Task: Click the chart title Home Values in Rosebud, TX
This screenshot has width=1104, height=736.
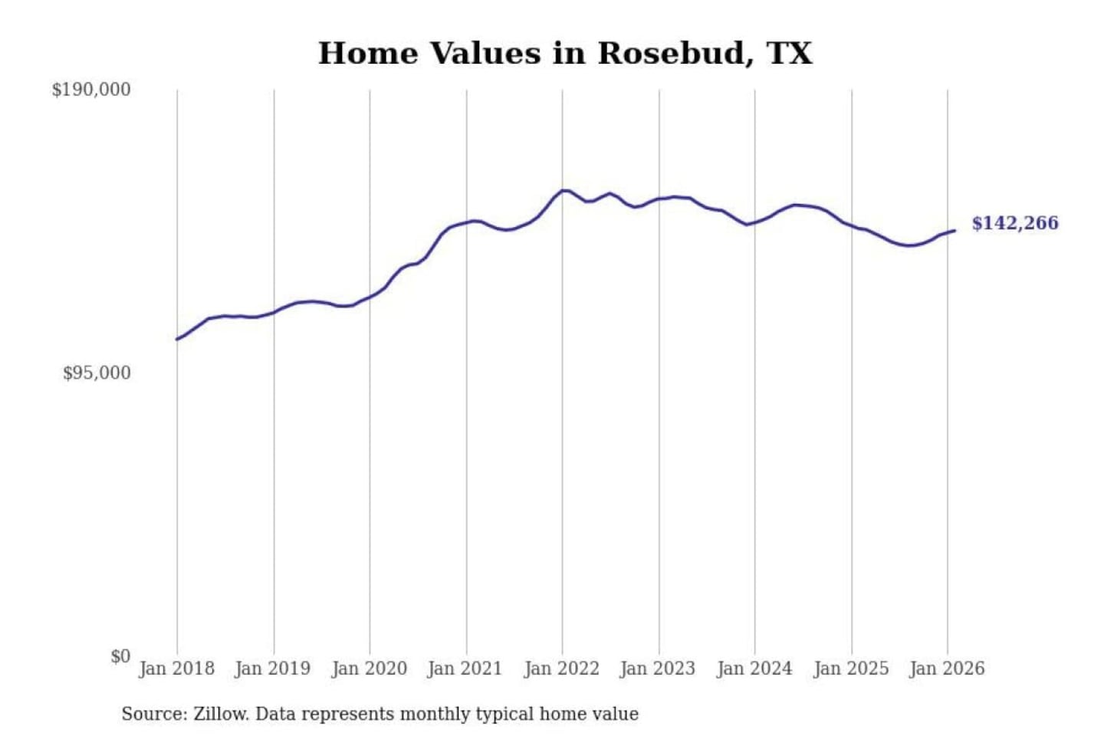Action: tap(565, 54)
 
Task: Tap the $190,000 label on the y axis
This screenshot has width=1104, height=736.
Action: tap(91, 90)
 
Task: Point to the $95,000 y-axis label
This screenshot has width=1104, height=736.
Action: tap(97, 373)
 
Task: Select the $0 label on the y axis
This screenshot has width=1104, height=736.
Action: tap(120, 656)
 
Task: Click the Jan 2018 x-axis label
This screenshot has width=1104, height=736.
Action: tap(176, 669)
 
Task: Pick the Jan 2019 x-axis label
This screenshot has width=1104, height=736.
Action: tap(272, 669)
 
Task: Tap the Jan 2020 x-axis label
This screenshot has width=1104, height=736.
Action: tap(369, 669)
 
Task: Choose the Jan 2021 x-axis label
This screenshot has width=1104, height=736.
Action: tap(465, 669)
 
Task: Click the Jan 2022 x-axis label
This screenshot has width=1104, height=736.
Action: tap(561, 669)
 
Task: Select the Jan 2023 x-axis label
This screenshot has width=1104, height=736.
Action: tap(657, 669)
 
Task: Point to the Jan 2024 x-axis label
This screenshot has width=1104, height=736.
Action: tap(754, 669)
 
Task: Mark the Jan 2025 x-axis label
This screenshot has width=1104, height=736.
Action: tap(850, 669)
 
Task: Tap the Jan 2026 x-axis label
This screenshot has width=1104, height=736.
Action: tap(946, 669)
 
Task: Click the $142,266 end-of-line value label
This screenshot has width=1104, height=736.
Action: tap(1015, 223)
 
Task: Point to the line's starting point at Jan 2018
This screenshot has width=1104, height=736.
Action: tap(178, 339)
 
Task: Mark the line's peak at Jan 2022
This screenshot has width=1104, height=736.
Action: tap(564, 190)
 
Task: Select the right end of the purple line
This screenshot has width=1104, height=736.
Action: tap(954, 231)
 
